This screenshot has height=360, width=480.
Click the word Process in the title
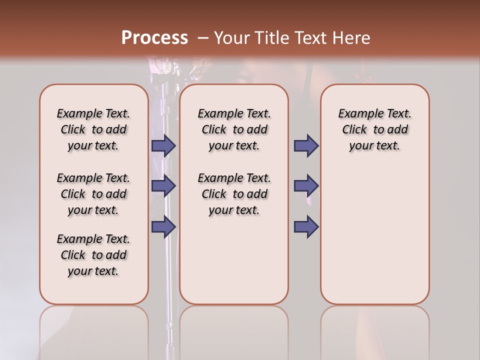[x=154, y=37]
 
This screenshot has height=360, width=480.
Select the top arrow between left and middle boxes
[x=163, y=146]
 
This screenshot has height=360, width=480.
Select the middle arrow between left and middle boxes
[x=163, y=186]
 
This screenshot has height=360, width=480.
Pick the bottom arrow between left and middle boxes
[x=163, y=226]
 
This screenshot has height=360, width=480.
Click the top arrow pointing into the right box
[x=306, y=146]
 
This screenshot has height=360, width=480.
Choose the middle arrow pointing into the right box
[x=306, y=186]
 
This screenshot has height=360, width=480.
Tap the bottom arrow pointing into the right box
[x=306, y=226]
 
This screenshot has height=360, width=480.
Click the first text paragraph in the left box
[x=93, y=129]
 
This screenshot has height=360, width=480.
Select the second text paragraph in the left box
[x=93, y=194]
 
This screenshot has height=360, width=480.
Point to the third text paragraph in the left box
[x=93, y=255]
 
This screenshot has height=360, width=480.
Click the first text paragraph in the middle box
[x=234, y=129]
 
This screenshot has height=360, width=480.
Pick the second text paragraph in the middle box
[x=234, y=194]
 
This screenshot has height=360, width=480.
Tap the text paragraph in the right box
[x=374, y=129]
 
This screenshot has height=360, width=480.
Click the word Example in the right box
[x=357, y=114]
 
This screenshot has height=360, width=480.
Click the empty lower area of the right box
[x=374, y=240]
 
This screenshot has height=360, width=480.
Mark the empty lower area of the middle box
[x=234, y=260]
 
